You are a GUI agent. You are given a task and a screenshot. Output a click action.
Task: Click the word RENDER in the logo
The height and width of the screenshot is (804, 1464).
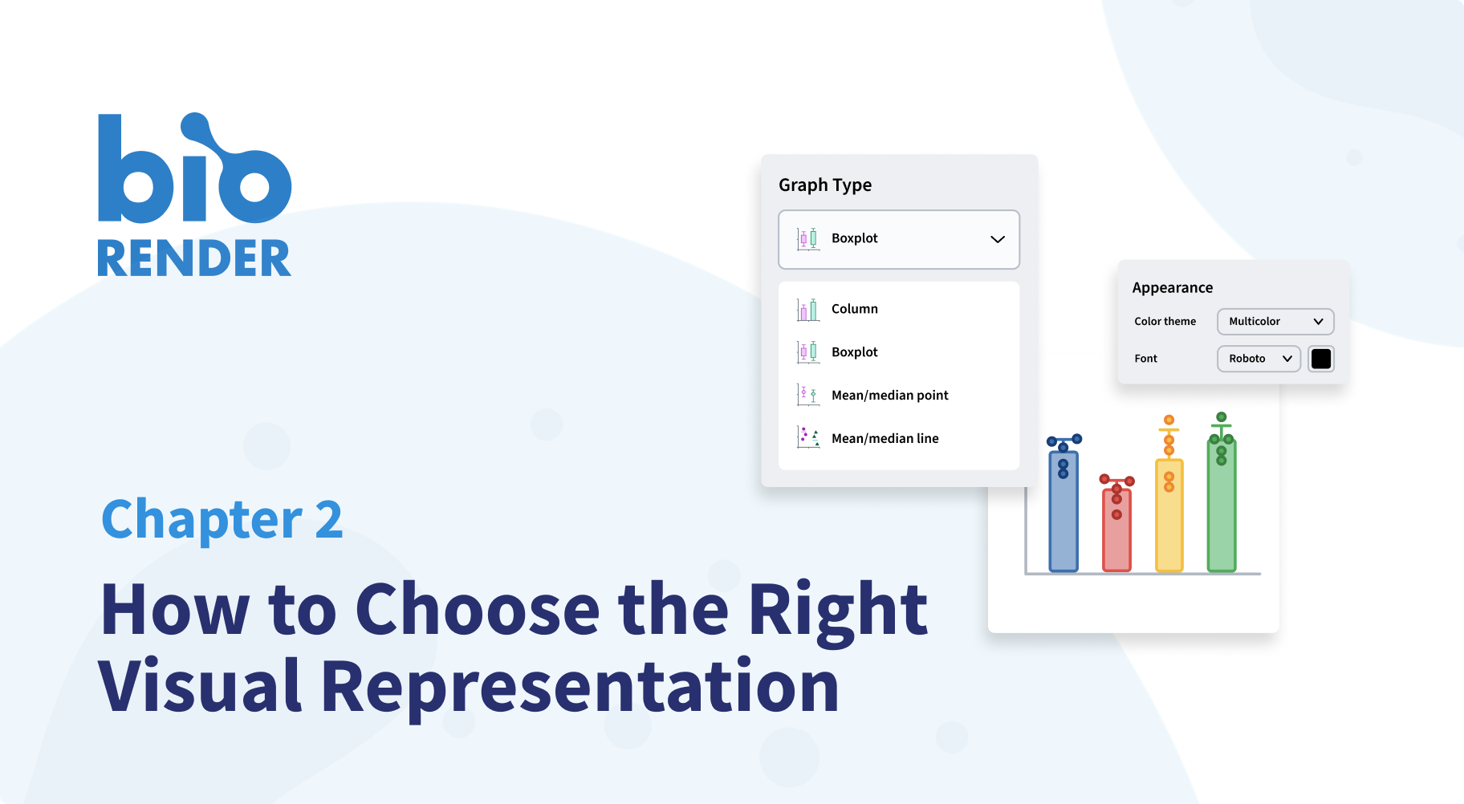[193, 258]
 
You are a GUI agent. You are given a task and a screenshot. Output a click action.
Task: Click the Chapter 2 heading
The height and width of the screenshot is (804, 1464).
[222, 519]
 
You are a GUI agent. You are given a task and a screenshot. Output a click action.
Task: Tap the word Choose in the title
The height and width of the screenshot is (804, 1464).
[477, 610]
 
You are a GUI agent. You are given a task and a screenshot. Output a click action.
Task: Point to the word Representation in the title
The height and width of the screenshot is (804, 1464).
[579, 687]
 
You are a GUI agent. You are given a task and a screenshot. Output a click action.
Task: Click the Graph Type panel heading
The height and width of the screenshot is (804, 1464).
[825, 185]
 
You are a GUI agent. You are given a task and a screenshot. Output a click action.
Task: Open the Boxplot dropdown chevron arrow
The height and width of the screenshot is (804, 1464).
[998, 239]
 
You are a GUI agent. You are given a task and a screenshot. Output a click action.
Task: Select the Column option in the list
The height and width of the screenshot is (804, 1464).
[854, 309]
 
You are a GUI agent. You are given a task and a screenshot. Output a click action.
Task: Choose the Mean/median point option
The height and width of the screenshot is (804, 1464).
[889, 396]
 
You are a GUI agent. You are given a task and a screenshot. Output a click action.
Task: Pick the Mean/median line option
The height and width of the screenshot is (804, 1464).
[885, 439]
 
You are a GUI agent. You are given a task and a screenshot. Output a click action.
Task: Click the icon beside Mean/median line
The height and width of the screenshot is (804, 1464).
[807, 437]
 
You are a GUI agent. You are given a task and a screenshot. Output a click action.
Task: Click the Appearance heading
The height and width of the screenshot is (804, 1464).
[1172, 288]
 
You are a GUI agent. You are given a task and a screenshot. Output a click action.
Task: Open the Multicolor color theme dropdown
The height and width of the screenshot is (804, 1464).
[1275, 322]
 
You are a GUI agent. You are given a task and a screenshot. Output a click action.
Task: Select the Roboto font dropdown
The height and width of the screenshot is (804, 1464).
[1258, 359]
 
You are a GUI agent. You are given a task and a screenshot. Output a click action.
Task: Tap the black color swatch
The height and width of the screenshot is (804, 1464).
[1320, 359]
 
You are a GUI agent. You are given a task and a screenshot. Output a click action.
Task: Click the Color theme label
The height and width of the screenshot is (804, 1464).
[1165, 322]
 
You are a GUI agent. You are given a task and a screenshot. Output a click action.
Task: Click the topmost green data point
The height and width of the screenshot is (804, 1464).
[1222, 417]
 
